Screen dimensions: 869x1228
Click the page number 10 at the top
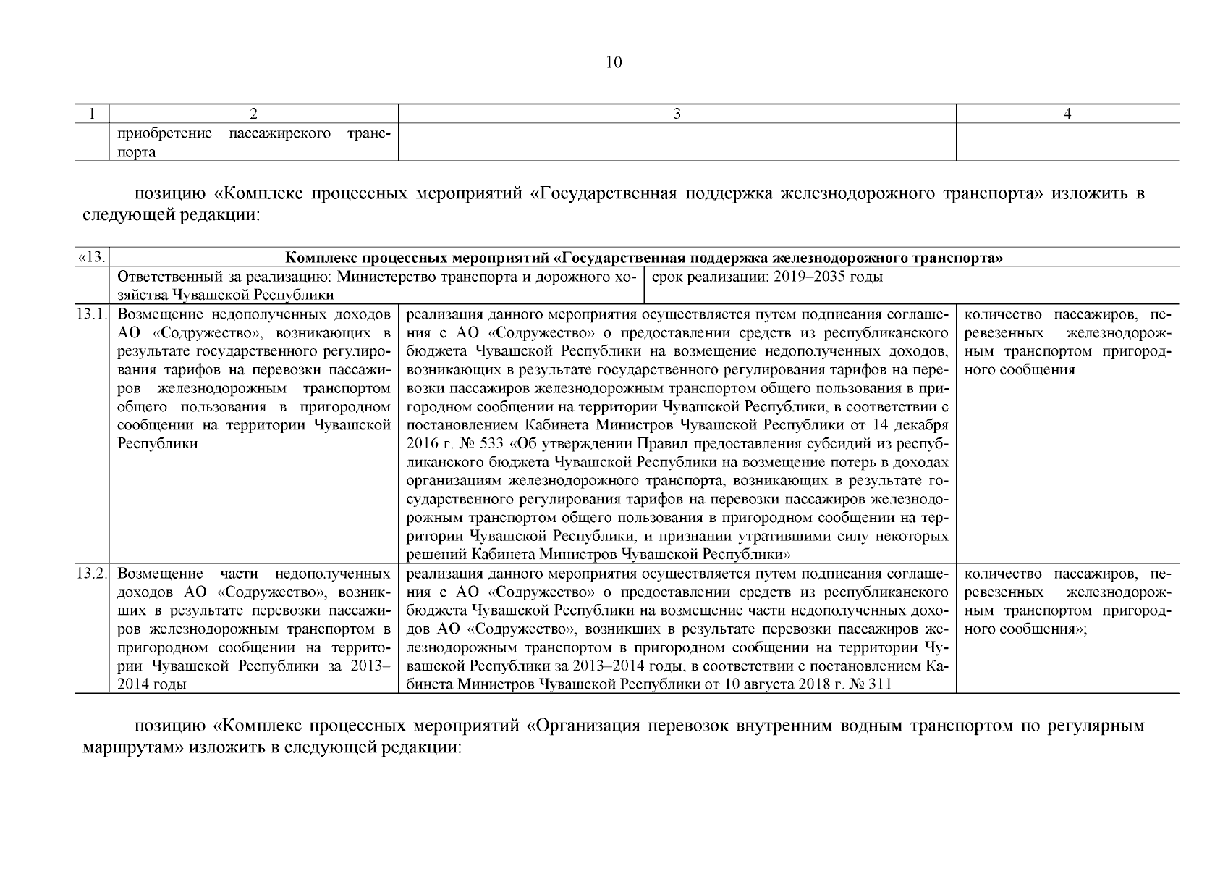[x=613, y=62]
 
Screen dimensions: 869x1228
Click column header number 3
[x=677, y=114]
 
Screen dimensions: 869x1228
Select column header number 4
[x=1067, y=114]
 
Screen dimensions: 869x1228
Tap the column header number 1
[x=92, y=114]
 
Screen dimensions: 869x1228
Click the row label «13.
[x=92, y=257]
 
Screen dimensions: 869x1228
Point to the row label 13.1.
[x=92, y=314]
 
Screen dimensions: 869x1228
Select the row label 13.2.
[x=92, y=574]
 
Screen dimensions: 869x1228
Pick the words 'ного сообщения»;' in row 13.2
[x=1026, y=629]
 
